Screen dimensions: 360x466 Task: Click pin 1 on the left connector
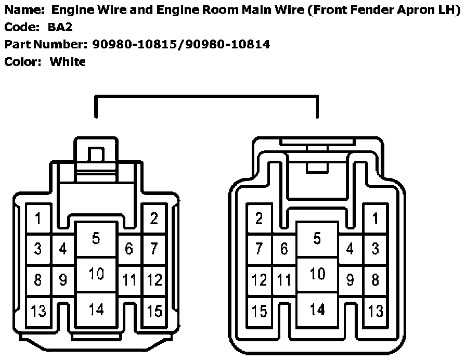pyautogui.click(x=38, y=218)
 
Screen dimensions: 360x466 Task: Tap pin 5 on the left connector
pyautogui.click(x=96, y=239)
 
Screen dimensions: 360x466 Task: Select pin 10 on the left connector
pyautogui.click(x=96, y=274)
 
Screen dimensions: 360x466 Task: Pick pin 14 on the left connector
pyautogui.click(x=96, y=310)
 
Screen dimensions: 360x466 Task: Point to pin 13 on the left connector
pyautogui.click(x=38, y=312)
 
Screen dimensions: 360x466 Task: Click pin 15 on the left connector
pyautogui.click(x=154, y=312)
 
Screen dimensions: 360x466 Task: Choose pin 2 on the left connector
pyautogui.click(x=154, y=218)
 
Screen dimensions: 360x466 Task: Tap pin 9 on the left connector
pyautogui.click(x=63, y=280)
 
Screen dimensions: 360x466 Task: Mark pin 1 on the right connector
pyautogui.click(x=376, y=218)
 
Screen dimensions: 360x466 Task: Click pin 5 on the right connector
pyautogui.click(x=317, y=239)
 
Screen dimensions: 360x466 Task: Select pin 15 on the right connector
pyautogui.click(x=259, y=312)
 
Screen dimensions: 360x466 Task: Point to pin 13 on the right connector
pyautogui.click(x=376, y=312)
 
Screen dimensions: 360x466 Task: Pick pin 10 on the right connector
pyautogui.click(x=317, y=274)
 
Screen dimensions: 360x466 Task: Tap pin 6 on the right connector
pyautogui.click(x=284, y=249)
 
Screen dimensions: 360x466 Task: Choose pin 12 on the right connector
pyautogui.click(x=259, y=280)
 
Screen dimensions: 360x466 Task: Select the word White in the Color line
pyautogui.click(x=67, y=62)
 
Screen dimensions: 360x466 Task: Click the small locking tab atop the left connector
pyautogui.click(x=96, y=155)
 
